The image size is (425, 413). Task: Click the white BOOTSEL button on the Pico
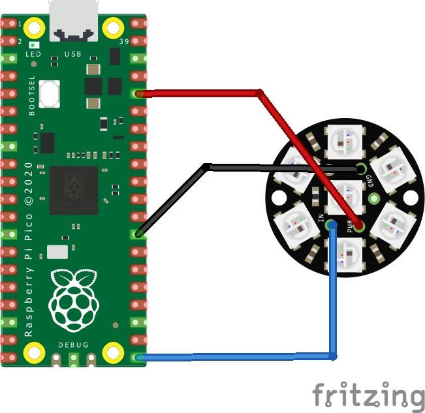coord(50,94)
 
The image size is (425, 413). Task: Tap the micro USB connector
coord(73,21)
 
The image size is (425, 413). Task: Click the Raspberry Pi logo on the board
coord(74,300)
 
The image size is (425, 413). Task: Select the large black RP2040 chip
coord(74,190)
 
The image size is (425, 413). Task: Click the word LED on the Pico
coord(33,54)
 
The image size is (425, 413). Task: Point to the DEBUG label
coord(74,344)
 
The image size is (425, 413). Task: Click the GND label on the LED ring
coord(370,181)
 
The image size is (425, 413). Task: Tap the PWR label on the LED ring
coord(350,226)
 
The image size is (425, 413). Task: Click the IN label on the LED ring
coord(321,218)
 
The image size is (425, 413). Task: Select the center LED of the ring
coord(345,197)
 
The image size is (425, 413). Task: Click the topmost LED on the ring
coord(345,142)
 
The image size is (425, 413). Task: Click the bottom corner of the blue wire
coord(333,357)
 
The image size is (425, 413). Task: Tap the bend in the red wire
coord(260,93)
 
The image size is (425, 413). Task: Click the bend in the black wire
coord(206,167)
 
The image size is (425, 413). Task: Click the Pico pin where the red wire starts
coord(138,94)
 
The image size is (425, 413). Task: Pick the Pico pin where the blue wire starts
coord(138,358)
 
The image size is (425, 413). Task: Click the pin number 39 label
coord(124,42)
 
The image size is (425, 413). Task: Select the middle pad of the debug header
coord(74,359)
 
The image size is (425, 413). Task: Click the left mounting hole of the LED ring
coord(279,198)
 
